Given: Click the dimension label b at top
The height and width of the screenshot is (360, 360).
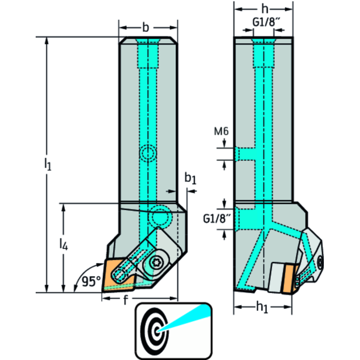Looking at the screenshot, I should point(146,28).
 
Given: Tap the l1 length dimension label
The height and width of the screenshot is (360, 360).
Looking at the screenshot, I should point(47,165).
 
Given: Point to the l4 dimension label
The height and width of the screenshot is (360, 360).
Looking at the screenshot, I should point(62,244).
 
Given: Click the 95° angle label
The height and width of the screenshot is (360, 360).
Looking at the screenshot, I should point(91,282).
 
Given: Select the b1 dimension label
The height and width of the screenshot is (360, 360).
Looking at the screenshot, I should point(190,178).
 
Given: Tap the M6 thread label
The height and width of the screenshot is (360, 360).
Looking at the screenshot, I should point(221,132).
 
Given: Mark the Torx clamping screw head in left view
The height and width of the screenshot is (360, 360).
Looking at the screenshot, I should point(155,264).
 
